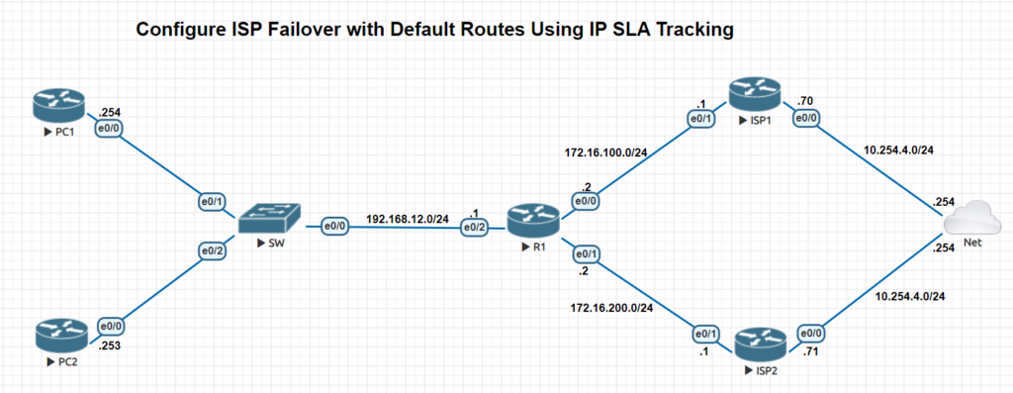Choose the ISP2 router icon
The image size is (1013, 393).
[758, 344]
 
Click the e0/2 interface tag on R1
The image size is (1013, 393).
[477, 228]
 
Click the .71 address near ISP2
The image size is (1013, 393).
[810, 352]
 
